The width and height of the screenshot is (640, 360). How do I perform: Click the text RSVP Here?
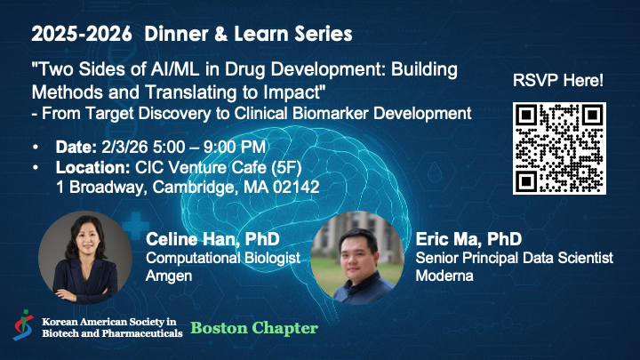pyautogui.click(x=559, y=81)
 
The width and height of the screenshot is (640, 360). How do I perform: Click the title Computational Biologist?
pyautogui.click(x=220, y=258)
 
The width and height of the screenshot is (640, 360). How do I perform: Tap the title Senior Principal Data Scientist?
pyautogui.click(x=514, y=258)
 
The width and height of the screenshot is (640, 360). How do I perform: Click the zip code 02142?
pyautogui.click(x=300, y=187)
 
